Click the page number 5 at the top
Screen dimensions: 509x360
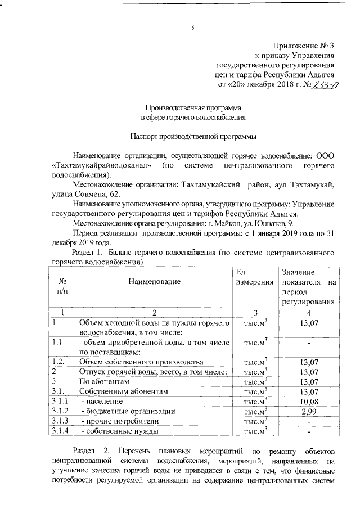click(192, 28)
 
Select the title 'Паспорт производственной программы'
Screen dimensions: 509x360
click(193, 136)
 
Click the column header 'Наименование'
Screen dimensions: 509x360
click(154, 281)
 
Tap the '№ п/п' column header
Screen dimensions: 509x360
click(62, 286)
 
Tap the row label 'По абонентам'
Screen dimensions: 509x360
click(105, 381)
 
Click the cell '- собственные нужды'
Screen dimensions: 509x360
click(119, 431)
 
